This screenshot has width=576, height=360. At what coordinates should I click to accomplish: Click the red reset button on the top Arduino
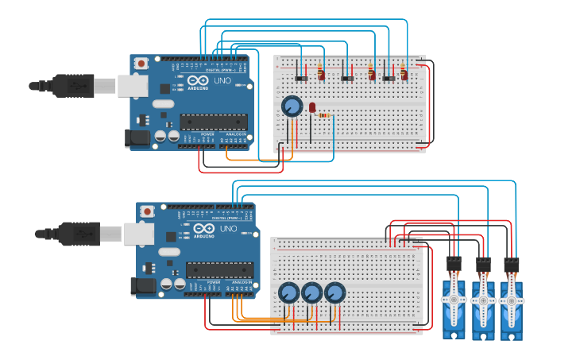pos(141,64)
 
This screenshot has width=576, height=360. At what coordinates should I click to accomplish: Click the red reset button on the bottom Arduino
pos(147,211)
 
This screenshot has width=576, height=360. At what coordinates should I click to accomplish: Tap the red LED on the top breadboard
pos(312,106)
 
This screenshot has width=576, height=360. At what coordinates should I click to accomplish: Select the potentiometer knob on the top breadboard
pos(292,106)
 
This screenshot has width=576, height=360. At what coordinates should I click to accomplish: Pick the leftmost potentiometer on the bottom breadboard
pos(288,293)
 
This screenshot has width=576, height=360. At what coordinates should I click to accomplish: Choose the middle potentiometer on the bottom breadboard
pos(311,293)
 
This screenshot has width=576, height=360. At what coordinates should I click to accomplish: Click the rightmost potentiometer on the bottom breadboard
pos(335,293)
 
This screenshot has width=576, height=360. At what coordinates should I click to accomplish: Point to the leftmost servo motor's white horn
pos(454,300)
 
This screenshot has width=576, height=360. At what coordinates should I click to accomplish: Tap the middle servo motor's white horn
pos(482,300)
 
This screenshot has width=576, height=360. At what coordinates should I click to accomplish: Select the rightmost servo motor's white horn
pos(511,300)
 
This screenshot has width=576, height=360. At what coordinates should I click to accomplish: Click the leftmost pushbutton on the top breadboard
pos(302,78)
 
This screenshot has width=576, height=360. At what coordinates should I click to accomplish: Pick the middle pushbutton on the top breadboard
pos(347,78)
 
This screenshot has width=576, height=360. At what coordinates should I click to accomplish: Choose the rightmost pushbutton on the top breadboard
pos(389,78)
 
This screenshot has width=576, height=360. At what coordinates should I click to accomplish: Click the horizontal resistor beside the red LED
pos(324,115)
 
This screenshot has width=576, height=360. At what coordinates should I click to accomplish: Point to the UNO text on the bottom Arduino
pos(228,229)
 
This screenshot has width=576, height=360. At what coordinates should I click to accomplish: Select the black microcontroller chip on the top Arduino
pos(213,122)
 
